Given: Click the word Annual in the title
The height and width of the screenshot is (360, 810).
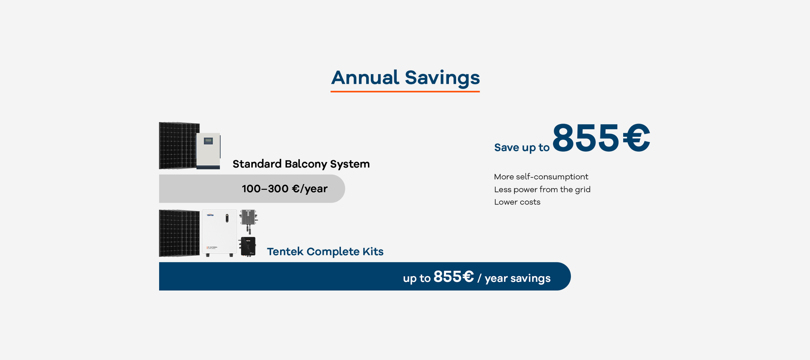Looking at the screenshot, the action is click(x=365, y=78).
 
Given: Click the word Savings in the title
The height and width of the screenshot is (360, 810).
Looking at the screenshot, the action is click(x=442, y=78).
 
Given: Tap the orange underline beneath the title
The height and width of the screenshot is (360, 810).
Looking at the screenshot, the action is click(x=405, y=91).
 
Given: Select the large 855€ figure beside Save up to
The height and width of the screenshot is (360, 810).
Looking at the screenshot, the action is click(x=601, y=138).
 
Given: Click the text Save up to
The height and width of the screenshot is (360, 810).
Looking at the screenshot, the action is click(x=522, y=147).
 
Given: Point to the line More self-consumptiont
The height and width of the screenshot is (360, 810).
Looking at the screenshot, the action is click(x=541, y=177).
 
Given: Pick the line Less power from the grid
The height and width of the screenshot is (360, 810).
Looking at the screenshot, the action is click(x=542, y=189).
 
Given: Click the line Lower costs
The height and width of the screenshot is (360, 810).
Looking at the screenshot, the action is click(x=517, y=202).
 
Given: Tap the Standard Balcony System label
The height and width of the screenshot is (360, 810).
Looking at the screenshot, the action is click(x=301, y=164).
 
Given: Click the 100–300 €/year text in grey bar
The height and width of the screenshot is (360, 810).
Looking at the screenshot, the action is click(x=285, y=189).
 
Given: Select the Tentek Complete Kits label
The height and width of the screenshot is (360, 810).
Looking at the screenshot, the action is click(x=325, y=252).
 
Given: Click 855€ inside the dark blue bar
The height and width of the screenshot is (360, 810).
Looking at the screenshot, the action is click(x=454, y=277).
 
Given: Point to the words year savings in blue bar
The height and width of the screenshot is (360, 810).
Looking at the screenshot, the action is click(x=518, y=279).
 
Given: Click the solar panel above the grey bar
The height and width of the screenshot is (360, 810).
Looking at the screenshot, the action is click(x=179, y=146).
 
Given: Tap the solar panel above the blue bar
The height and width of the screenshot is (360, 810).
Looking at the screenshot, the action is click(x=179, y=233).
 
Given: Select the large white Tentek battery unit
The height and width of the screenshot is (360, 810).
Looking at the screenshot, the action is click(x=219, y=233).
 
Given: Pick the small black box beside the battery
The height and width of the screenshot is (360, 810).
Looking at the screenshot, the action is click(x=248, y=247).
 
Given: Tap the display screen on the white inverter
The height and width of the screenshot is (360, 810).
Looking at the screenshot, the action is click(x=208, y=141).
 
